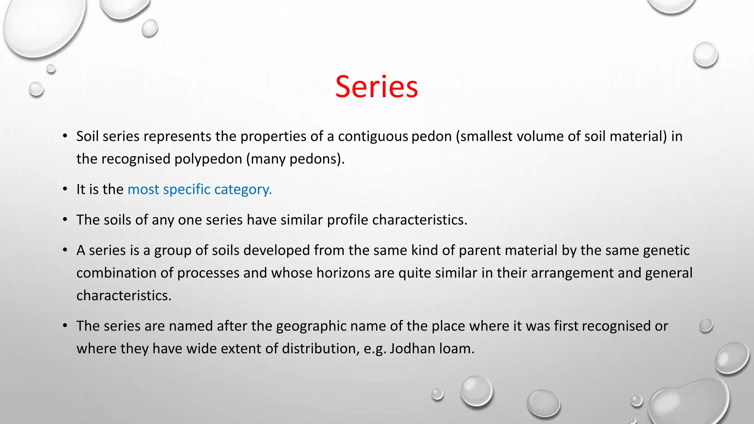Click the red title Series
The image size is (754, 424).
[376, 87]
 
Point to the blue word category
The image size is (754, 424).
[243, 190]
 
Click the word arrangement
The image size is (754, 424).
[572, 273]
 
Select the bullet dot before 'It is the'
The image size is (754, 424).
[65, 189]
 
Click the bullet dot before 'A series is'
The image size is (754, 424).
[65, 250]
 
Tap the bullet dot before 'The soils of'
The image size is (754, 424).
[65, 220]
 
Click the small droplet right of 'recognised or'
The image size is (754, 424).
[706, 326]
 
